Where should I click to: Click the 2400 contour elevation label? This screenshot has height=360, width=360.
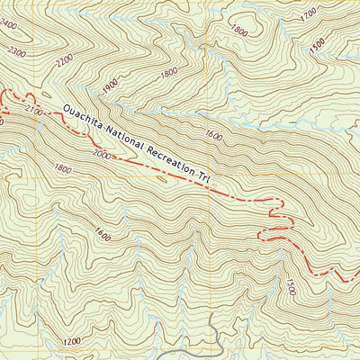[10, 26]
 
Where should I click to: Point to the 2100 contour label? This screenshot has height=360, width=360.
[36, 110]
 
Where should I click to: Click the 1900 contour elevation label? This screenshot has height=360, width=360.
[111, 85]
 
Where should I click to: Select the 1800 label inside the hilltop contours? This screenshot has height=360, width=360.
[238, 30]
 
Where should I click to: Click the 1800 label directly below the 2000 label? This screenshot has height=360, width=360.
[63, 168]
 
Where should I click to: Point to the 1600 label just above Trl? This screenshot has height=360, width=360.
[213, 136]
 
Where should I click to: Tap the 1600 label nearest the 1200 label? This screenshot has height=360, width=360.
[101, 237]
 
